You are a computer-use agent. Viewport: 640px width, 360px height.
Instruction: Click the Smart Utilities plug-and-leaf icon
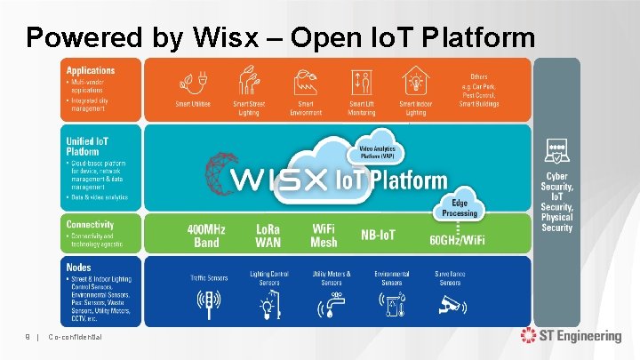point(192,84)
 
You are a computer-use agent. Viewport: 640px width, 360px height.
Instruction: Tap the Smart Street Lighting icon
point(249,83)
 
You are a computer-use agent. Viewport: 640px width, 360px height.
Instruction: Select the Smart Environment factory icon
point(306,84)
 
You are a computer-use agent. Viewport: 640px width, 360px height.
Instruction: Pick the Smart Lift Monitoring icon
point(361,83)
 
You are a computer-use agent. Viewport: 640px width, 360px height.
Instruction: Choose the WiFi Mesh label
point(324,236)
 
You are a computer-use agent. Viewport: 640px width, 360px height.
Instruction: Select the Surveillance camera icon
point(450,305)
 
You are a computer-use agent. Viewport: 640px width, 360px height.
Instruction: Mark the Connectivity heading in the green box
point(90,224)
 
